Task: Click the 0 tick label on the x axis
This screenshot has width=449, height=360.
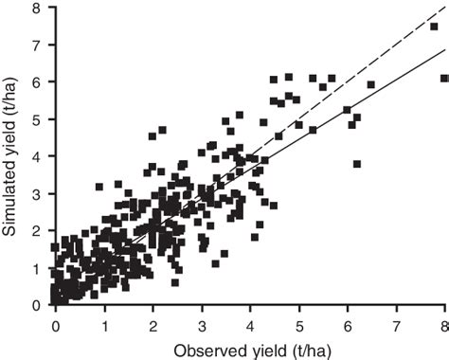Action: pos(56,319)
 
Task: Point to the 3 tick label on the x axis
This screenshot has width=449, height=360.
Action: pos(202,319)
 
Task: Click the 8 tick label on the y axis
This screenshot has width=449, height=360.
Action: pos(38,9)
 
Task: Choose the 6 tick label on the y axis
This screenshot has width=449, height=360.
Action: pos(38,82)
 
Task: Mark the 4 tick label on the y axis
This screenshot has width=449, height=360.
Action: pos(38,156)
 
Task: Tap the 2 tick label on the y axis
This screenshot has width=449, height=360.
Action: pos(38,230)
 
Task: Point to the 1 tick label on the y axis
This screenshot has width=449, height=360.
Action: pos(38,267)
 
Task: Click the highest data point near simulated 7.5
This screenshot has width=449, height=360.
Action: pos(434,27)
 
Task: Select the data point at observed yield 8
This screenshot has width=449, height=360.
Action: pos(444,79)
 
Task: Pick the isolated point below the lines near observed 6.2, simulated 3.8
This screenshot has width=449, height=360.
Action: pos(357,164)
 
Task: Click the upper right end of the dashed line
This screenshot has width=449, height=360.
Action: pos(444,9)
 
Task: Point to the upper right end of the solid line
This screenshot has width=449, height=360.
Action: pos(444,50)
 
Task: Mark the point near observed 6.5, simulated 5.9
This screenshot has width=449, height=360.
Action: pos(371,84)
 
